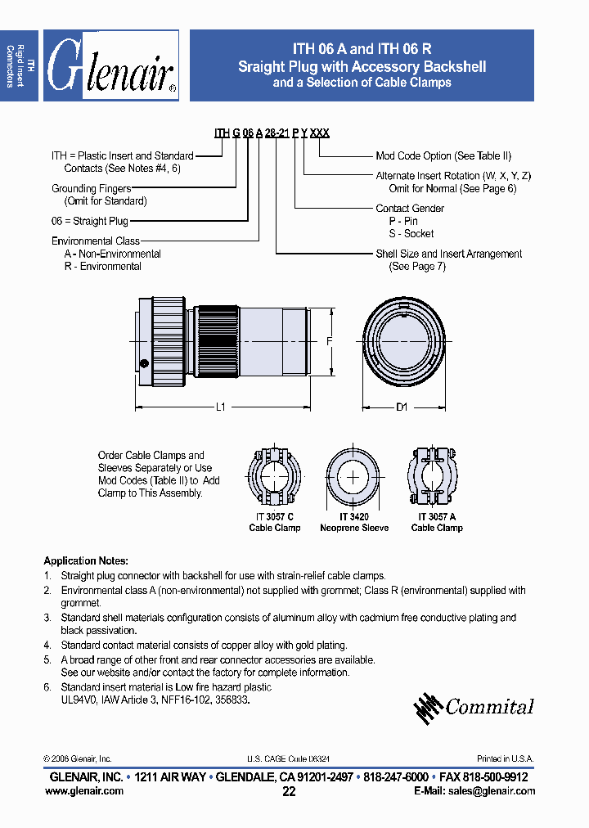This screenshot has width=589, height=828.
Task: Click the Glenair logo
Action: (111, 65)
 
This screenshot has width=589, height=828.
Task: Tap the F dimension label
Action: (329, 343)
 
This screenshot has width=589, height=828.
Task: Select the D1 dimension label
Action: (402, 407)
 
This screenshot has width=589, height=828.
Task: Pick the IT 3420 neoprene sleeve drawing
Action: (353, 477)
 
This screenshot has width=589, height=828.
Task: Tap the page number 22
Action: (289, 791)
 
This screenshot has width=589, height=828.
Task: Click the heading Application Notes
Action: (86, 561)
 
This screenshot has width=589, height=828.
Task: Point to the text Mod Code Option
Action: (443, 155)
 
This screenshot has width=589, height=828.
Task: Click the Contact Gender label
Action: (410, 209)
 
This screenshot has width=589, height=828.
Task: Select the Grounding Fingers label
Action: (91, 189)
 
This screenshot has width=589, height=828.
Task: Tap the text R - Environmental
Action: (103, 266)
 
